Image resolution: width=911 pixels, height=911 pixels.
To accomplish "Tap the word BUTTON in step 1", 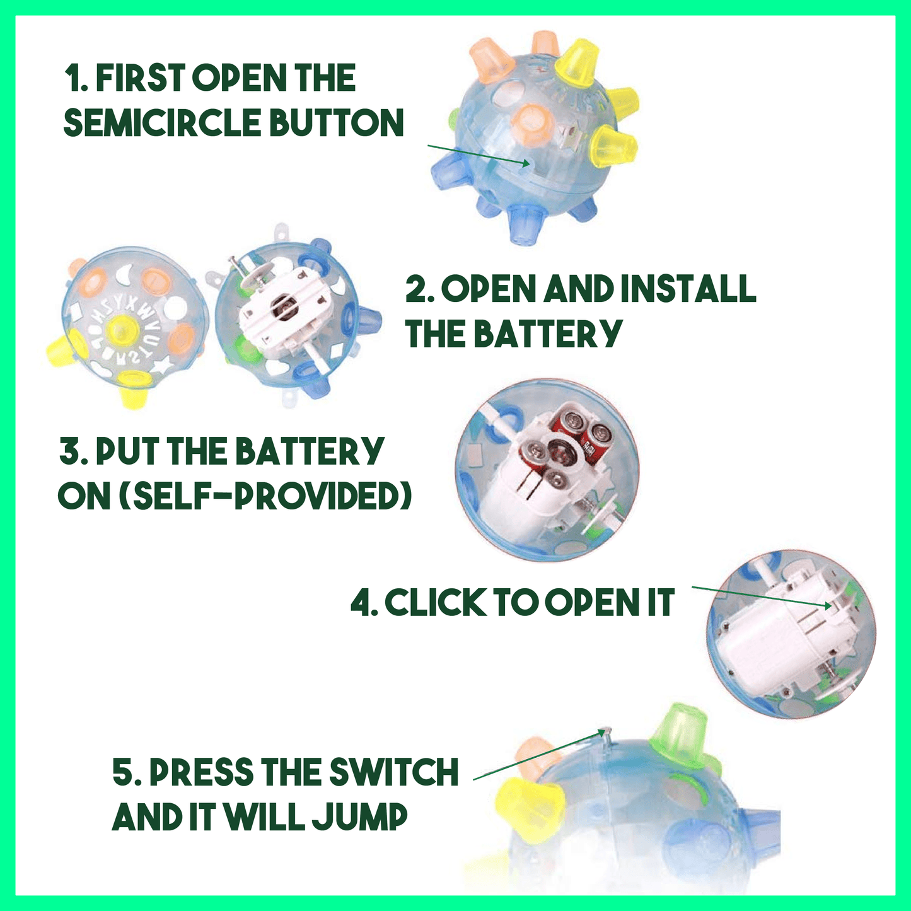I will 337,122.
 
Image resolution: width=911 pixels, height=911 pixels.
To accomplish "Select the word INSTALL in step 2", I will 688,289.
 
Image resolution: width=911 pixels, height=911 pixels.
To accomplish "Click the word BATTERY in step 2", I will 547,334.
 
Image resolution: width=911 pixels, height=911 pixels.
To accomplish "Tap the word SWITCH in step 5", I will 393,772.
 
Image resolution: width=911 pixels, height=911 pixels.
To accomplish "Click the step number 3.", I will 73,451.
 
